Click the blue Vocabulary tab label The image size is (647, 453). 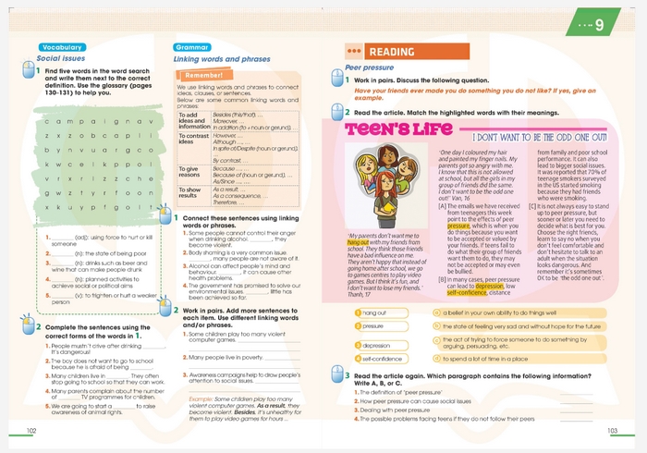pyautogui.click(x=63, y=47)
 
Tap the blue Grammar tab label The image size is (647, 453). pyautogui.click(x=193, y=47)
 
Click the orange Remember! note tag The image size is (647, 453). pyautogui.click(x=204, y=74)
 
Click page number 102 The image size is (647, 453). pyautogui.click(x=31, y=431)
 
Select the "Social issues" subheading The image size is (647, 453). pyautogui.click(x=61, y=58)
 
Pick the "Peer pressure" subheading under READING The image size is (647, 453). pyautogui.click(x=369, y=67)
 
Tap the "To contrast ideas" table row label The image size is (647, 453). pyautogui.click(x=191, y=138)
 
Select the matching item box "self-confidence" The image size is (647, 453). pyautogui.click(x=382, y=359)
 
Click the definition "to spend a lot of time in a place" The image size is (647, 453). pyautogui.click(x=499, y=359)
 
